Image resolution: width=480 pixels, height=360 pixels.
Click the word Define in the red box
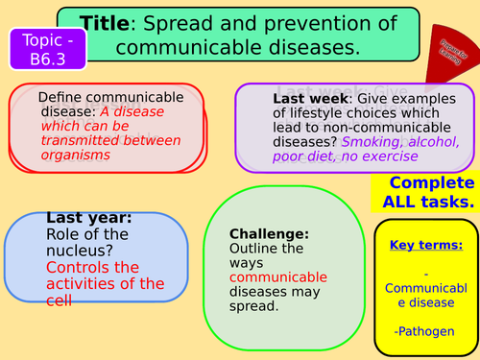[x=62, y=97]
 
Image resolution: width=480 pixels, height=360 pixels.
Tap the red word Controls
[x=81, y=267]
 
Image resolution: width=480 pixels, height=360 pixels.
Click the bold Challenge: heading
[x=270, y=233]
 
